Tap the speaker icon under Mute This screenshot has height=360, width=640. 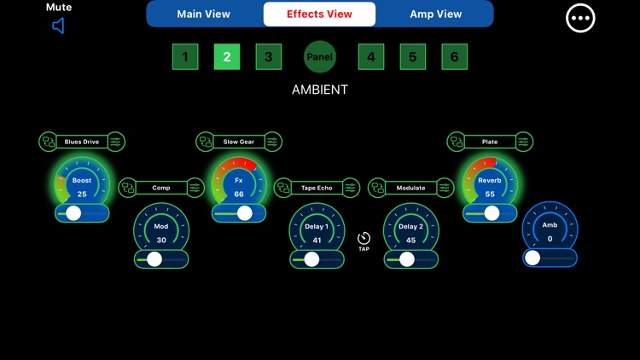click(58, 26)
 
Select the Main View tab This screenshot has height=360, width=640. click(203, 14)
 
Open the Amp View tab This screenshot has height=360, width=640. click(435, 14)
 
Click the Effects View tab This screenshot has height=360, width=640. click(319, 14)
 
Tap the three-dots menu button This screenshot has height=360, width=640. click(580, 18)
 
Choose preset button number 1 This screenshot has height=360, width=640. click(185, 57)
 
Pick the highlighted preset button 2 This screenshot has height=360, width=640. click(227, 57)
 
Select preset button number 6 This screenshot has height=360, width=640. click(454, 57)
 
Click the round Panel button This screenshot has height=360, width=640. click(320, 57)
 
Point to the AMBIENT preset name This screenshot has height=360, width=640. click(320, 89)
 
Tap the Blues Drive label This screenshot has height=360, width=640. click(82, 142)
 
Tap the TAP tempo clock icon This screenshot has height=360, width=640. click(364, 239)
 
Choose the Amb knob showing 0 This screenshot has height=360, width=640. click(550, 230)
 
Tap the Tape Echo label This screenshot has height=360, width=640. click(317, 188)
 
